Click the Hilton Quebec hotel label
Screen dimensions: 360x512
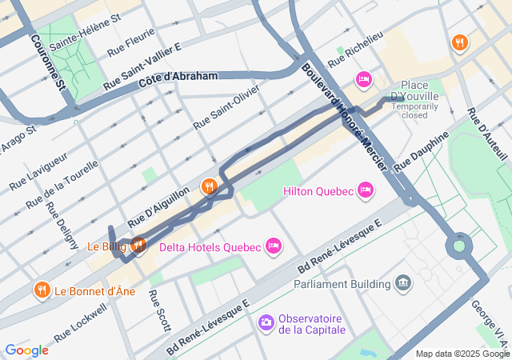pyautogui.click(x=318, y=191)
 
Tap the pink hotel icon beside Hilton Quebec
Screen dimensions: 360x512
pyautogui.click(x=366, y=190)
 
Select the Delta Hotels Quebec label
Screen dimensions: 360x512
pyautogui.click(x=210, y=246)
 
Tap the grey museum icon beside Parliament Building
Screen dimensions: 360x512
pyautogui.click(x=403, y=282)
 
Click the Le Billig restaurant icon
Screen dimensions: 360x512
pyautogui.click(x=138, y=245)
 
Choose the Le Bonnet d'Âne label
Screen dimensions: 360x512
pyautogui.click(x=94, y=292)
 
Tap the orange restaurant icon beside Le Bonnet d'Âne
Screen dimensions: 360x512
pyautogui.click(x=41, y=289)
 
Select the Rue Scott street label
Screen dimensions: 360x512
pyautogui.click(x=159, y=310)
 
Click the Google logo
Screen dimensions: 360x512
pyautogui.click(x=26, y=350)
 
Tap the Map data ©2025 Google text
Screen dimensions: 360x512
pyautogui.click(x=462, y=354)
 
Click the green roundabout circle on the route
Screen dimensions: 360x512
pyautogui.click(x=458, y=246)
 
